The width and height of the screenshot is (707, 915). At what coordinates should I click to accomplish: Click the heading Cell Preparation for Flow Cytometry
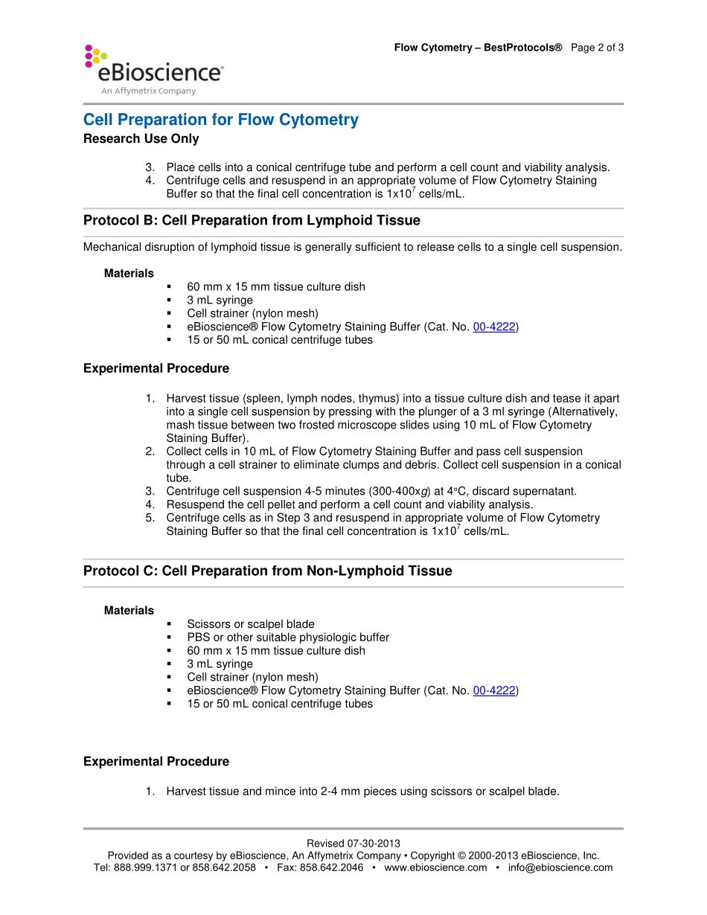click(x=220, y=120)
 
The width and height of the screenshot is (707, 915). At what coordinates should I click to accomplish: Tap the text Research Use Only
click(x=141, y=138)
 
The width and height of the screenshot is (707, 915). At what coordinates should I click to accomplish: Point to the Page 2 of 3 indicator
click(x=598, y=48)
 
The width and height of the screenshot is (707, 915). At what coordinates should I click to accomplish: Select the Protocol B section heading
click(x=252, y=220)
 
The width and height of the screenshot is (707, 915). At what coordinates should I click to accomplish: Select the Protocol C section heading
click(x=267, y=571)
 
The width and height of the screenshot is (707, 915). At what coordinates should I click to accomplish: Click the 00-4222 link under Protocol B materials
click(x=493, y=327)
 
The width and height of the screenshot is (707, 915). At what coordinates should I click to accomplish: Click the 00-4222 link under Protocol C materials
click(x=493, y=690)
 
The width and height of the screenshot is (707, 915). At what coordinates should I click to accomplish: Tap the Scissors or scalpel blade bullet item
click(x=250, y=624)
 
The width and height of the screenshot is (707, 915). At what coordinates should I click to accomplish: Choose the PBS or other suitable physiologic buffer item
click(x=287, y=638)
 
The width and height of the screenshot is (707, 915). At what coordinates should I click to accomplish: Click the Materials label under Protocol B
click(x=129, y=273)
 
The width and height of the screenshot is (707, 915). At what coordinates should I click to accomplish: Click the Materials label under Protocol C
click(x=129, y=610)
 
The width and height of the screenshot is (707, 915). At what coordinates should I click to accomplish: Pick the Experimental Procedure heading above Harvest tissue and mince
click(x=156, y=761)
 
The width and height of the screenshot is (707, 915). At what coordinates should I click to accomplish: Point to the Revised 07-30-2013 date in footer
click(x=353, y=843)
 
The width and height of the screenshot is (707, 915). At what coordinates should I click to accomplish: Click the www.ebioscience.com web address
click(x=435, y=867)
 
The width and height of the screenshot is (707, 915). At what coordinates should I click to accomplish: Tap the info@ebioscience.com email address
click(x=560, y=867)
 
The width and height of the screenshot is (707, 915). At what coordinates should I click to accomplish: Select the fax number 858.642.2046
click(x=331, y=867)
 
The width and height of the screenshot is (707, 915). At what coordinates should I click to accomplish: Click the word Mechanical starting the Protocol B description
click(x=109, y=246)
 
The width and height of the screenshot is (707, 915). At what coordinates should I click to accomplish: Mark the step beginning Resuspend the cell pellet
click(x=349, y=504)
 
